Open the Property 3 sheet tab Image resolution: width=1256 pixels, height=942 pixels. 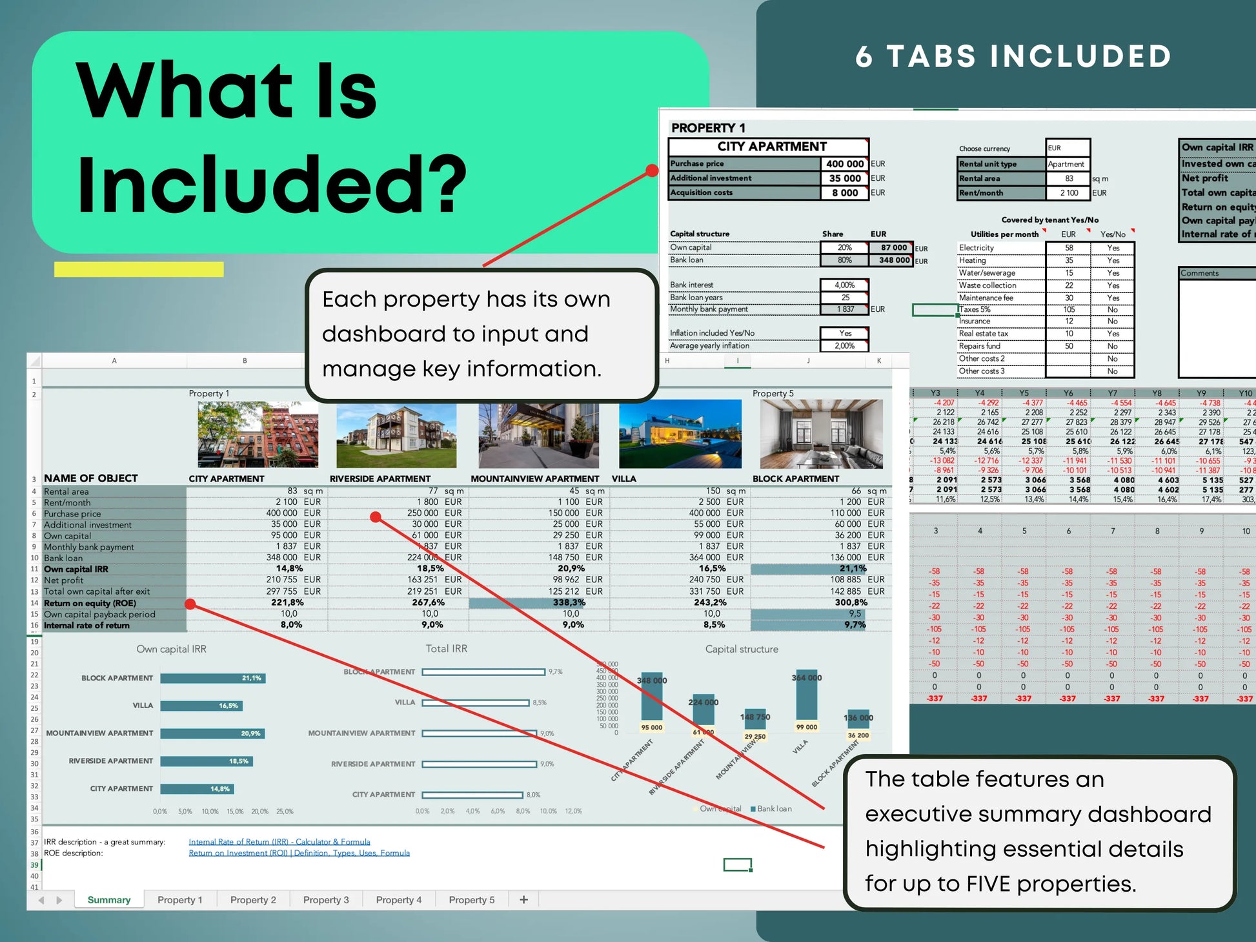click(326, 900)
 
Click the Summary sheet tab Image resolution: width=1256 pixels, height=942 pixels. click(109, 900)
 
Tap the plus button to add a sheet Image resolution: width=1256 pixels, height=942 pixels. click(524, 899)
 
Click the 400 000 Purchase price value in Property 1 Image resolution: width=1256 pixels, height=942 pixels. click(844, 164)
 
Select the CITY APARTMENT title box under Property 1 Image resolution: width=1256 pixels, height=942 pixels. click(768, 147)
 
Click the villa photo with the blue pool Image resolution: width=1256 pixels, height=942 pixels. click(680, 434)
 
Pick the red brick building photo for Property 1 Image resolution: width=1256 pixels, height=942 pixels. click(258, 434)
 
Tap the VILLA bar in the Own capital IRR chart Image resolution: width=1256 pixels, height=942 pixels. click(201, 706)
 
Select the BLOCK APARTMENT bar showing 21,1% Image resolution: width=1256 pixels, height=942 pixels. click(212, 678)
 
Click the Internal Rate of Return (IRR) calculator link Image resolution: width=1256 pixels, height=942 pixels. click(279, 842)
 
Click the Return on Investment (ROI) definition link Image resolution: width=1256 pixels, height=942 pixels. click(299, 853)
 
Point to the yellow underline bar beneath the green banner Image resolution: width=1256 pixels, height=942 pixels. click(139, 269)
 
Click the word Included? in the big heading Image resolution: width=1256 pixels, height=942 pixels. click(271, 184)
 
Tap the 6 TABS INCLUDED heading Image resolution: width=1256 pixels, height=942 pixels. click(1013, 57)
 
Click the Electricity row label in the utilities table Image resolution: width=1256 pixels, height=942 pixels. click(977, 248)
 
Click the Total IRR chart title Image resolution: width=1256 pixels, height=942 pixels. click(446, 649)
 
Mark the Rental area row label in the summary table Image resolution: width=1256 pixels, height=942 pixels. click(66, 491)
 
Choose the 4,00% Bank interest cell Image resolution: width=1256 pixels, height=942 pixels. click(844, 285)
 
